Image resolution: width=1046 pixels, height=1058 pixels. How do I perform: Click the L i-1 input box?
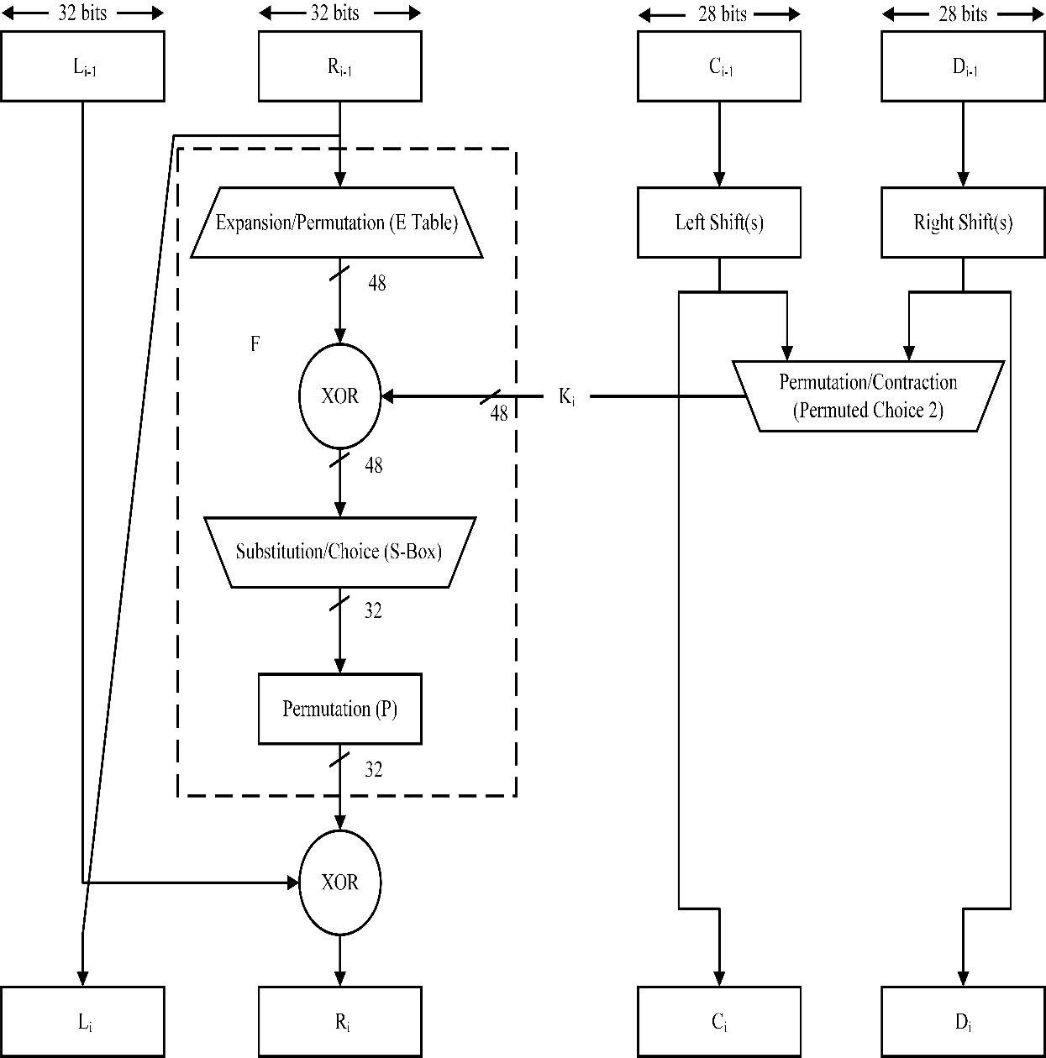tap(82, 66)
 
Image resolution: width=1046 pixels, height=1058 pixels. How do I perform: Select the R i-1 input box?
tap(339, 66)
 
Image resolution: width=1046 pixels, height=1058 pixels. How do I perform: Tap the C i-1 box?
tap(719, 66)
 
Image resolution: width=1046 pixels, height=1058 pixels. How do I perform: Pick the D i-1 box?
tap(963, 66)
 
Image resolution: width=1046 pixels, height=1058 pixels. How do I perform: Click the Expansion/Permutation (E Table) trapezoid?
tap(337, 223)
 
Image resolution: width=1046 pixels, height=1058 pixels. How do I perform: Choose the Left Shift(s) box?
tap(719, 223)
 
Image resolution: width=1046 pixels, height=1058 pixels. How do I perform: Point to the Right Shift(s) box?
tap(963, 223)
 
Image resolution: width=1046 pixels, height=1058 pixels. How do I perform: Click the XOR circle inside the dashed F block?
tap(339, 395)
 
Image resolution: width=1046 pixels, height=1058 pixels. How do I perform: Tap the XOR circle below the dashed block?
tap(339, 882)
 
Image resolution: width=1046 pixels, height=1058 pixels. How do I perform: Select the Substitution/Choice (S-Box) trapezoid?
tap(339, 552)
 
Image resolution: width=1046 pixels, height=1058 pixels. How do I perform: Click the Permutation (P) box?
tap(339, 709)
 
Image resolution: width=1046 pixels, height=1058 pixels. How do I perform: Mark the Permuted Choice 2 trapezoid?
tap(868, 395)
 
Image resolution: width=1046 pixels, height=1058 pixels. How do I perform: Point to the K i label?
tap(567, 396)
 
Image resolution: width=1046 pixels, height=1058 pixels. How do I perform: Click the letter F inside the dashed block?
tap(255, 343)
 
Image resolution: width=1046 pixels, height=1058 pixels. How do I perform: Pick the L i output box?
tap(82, 1022)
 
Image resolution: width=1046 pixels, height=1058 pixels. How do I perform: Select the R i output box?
tap(339, 1022)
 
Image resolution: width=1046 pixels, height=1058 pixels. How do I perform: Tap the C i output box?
tap(719, 1022)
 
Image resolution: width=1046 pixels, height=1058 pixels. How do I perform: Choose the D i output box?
tap(963, 1022)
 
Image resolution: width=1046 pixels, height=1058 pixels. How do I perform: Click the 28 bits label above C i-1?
tap(719, 13)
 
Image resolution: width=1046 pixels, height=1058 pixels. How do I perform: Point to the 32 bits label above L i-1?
tap(82, 13)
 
